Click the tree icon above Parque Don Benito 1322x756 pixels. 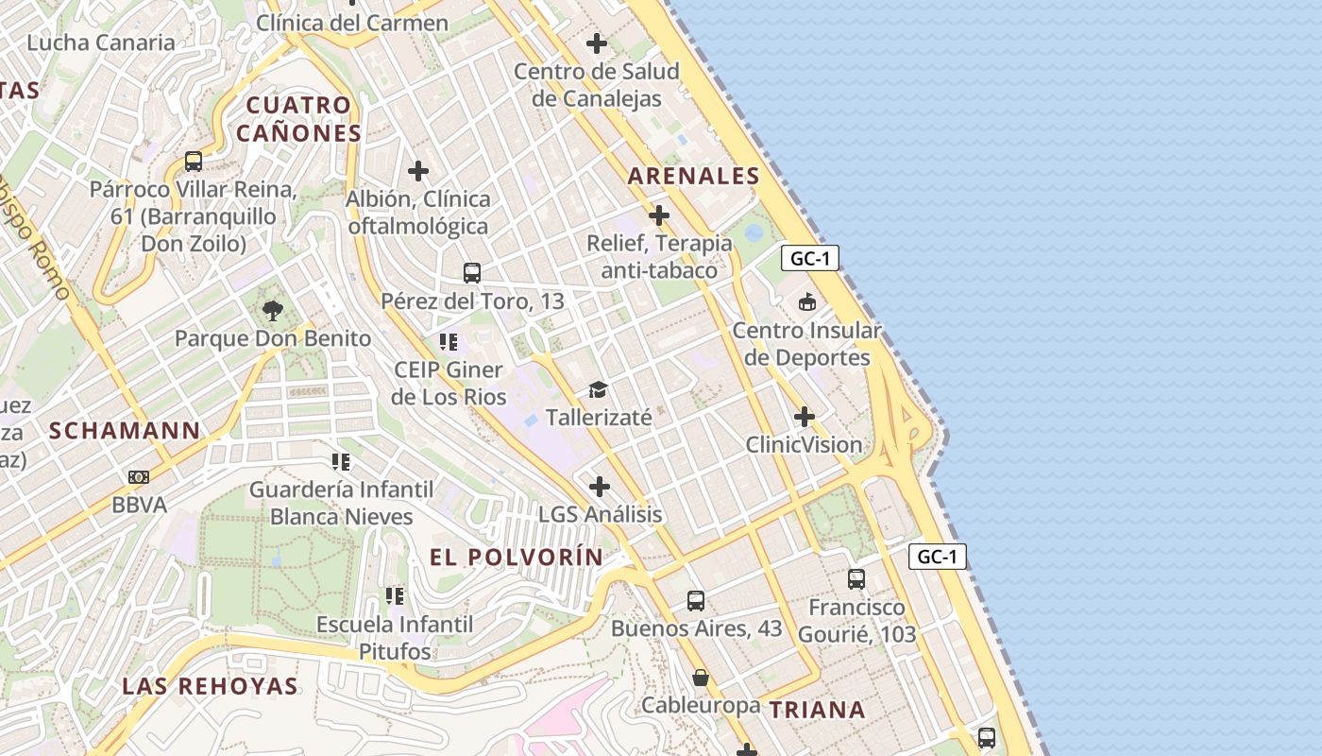(x=273, y=309)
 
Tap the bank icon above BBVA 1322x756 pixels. (x=139, y=477)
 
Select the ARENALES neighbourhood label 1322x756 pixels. (x=693, y=176)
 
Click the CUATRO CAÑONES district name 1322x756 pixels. (x=298, y=119)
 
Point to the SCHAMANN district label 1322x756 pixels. (x=125, y=431)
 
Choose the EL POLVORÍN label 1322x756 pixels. (x=516, y=557)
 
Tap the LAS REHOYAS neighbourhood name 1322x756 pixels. (x=211, y=686)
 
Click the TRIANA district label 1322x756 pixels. (x=817, y=710)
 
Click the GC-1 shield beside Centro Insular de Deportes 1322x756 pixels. (x=810, y=258)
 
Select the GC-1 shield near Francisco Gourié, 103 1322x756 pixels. (x=938, y=557)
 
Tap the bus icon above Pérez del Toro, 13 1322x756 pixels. (x=472, y=273)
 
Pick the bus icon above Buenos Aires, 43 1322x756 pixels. (x=696, y=600)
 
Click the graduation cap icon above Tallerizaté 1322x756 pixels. (x=598, y=389)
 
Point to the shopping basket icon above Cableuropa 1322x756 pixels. (x=701, y=678)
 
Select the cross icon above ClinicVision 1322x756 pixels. (x=805, y=417)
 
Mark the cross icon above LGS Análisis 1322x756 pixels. (x=600, y=487)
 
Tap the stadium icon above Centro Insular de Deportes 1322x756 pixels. (x=807, y=302)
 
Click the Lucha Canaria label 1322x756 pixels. (x=101, y=43)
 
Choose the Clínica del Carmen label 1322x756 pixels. (x=352, y=23)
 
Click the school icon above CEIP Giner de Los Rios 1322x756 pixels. (x=449, y=341)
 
